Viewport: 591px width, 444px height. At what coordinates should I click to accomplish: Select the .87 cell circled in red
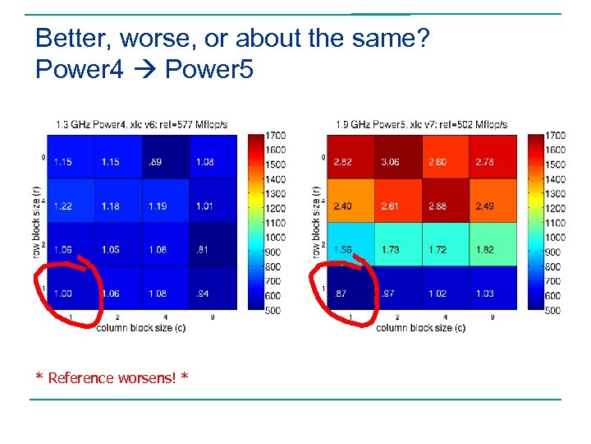tap(342, 293)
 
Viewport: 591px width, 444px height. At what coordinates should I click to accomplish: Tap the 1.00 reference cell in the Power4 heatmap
tap(62, 293)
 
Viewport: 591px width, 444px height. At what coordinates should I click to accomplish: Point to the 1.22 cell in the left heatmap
tap(62, 206)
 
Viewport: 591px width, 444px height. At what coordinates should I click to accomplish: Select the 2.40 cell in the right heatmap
tap(342, 206)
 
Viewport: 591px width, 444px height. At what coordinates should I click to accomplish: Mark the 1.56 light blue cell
tap(342, 249)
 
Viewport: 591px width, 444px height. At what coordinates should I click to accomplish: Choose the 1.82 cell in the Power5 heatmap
tap(484, 249)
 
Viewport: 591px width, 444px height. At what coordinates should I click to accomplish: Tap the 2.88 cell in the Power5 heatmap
tap(438, 206)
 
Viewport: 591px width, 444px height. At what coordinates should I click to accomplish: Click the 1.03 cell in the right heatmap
tap(484, 293)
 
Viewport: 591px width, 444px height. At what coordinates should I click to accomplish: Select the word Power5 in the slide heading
tap(208, 71)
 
